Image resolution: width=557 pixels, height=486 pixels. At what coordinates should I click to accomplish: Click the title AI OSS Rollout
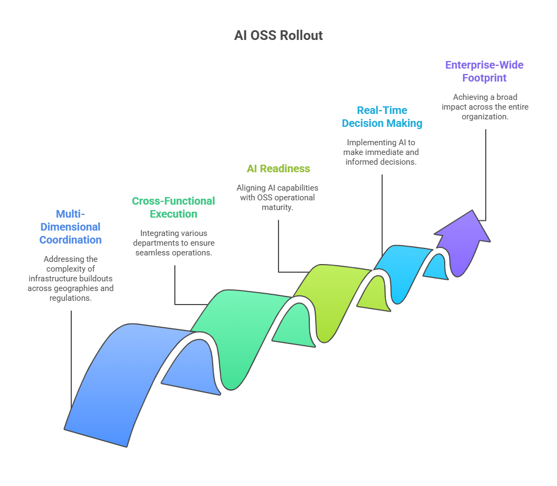click(278, 36)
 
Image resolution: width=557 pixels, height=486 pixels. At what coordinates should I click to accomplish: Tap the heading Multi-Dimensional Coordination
click(71, 227)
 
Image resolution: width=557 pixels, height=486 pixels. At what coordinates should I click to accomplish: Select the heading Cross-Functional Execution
click(173, 207)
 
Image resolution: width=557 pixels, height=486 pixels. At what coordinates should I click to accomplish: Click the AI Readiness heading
click(278, 168)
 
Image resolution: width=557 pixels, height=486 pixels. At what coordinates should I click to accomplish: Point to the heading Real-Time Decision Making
click(382, 117)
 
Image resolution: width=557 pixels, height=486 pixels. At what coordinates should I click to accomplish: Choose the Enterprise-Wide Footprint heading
click(484, 71)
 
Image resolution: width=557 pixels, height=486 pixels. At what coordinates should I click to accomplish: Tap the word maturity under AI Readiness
click(278, 207)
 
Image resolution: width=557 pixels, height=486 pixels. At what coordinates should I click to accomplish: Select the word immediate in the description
click(379, 152)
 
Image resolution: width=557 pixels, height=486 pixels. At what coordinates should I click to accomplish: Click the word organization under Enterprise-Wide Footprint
click(484, 117)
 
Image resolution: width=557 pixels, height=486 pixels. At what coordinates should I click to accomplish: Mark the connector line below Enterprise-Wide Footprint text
click(486, 173)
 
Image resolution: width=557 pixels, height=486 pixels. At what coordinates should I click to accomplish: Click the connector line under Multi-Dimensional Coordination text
click(71, 356)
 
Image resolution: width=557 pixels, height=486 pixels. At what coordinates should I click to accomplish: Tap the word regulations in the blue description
click(71, 298)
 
